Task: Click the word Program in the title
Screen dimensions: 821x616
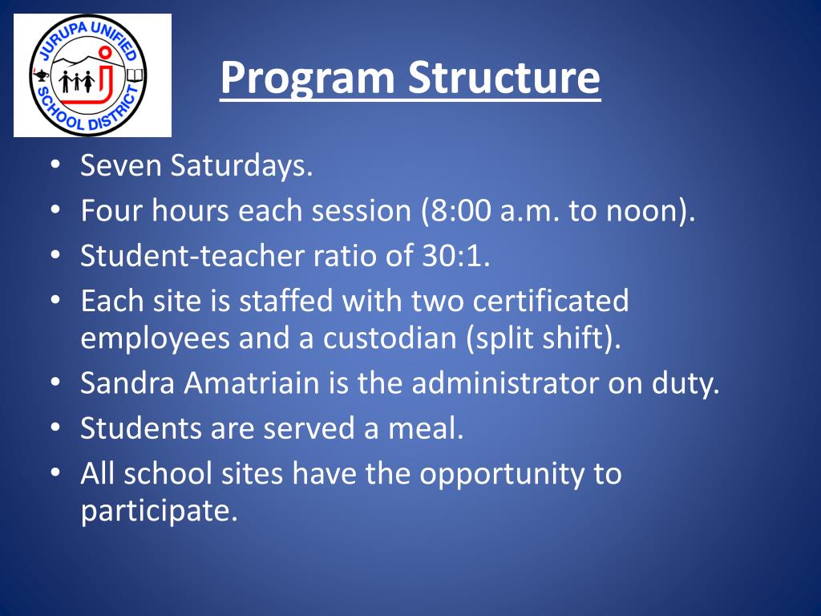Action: [x=307, y=78]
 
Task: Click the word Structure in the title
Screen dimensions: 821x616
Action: [x=504, y=77]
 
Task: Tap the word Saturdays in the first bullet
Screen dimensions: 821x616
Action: [x=241, y=165]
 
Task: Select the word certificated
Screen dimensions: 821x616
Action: [x=550, y=301]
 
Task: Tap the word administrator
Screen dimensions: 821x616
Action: [x=505, y=383]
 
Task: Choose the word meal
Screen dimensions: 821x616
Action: [x=425, y=428]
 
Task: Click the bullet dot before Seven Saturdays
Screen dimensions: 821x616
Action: [x=55, y=164]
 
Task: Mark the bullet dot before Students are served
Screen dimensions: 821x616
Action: [x=55, y=428]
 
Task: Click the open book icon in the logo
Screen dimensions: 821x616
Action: [x=135, y=75]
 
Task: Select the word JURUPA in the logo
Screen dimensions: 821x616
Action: [x=63, y=42]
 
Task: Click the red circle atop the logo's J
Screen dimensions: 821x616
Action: [x=105, y=52]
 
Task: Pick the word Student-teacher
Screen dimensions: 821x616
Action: [x=192, y=256]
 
